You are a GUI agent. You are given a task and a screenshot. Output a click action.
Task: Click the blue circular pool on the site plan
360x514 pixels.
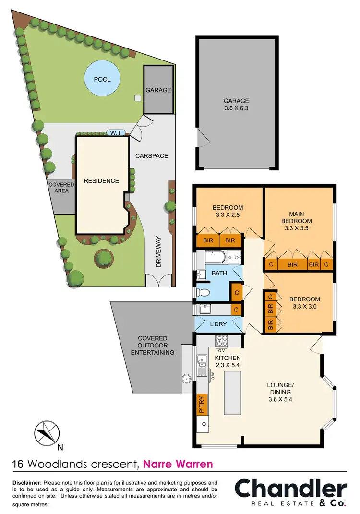click(x=102, y=79)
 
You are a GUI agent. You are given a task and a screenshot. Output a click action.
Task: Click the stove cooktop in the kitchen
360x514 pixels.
click(x=222, y=342)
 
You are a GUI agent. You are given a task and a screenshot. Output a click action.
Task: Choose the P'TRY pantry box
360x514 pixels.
click(x=201, y=404)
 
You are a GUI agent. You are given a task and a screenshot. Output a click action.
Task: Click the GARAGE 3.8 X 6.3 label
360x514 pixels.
click(x=236, y=105)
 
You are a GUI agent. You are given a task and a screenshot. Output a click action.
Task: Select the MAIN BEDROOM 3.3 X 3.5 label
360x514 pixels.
click(x=300, y=221)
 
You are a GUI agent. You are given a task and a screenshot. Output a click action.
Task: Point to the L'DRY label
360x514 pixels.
click(x=218, y=324)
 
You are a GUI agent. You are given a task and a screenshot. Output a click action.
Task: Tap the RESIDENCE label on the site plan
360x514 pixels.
click(x=101, y=181)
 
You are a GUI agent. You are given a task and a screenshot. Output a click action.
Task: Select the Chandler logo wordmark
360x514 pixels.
click(x=290, y=489)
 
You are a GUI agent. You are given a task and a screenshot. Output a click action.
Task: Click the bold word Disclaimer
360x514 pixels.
click(x=27, y=482)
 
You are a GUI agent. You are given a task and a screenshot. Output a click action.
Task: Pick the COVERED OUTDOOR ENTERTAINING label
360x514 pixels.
click(x=153, y=346)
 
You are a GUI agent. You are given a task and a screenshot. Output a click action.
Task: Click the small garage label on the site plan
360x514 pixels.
click(x=158, y=90)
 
